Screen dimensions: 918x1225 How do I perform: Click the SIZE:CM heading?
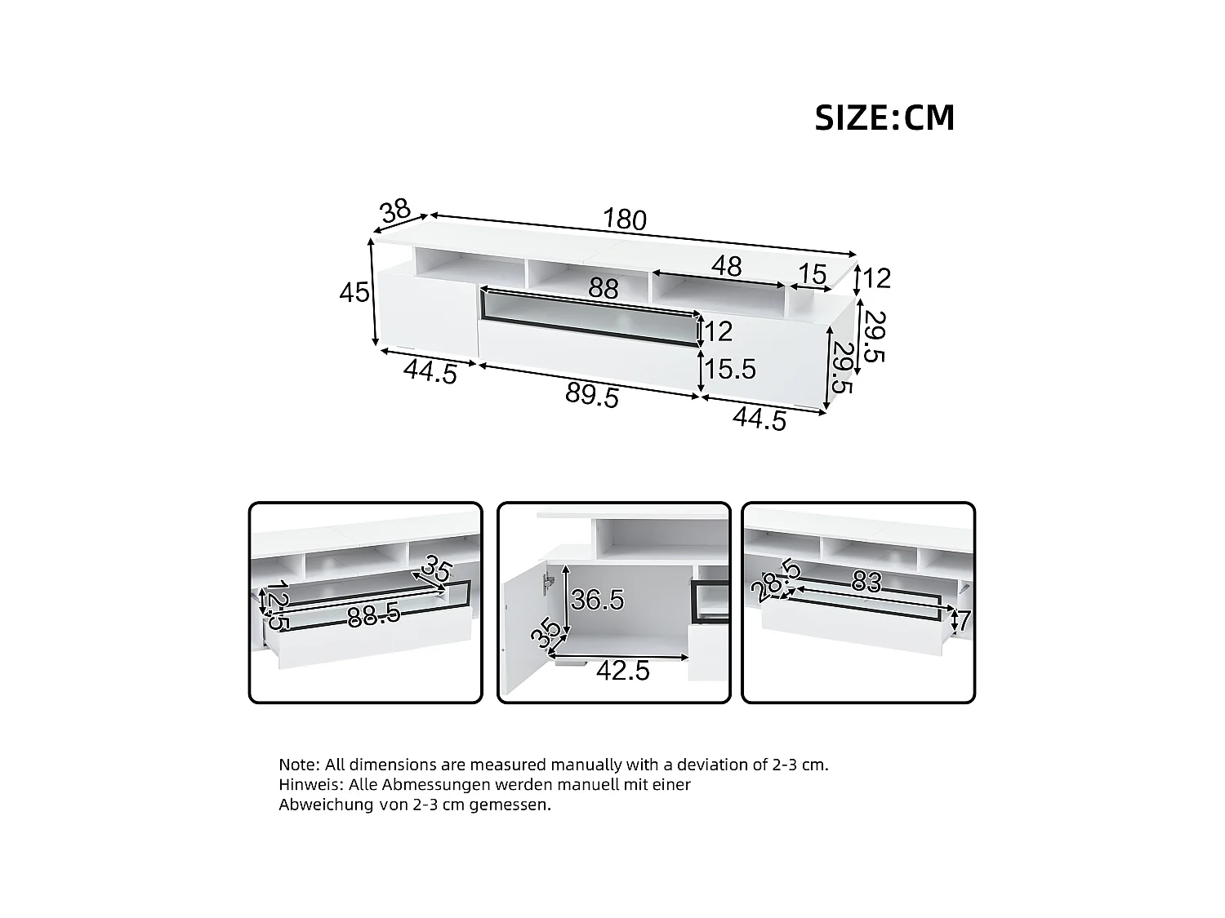(x=884, y=118)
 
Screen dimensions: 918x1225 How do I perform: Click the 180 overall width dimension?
(x=625, y=220)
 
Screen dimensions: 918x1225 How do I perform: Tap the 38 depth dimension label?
(x=395, y=211)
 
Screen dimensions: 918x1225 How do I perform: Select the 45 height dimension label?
(x=354, y=292)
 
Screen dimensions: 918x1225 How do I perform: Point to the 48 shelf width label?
(x=726, y=266)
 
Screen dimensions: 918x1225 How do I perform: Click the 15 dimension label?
(x=812, y=275)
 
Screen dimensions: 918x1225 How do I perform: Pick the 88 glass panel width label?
(x=604, y=289)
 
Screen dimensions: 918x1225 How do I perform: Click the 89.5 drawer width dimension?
(x=592, y=396)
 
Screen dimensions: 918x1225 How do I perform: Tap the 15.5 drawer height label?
(x=730, y=370)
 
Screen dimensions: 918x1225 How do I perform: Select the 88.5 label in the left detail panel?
(x=373, y=616)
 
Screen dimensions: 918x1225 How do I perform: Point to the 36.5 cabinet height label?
(x=597, y=600)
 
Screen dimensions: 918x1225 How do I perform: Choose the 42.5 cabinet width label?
(x=622, y=670)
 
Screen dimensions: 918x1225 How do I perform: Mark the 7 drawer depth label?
(x=964, y=621)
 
